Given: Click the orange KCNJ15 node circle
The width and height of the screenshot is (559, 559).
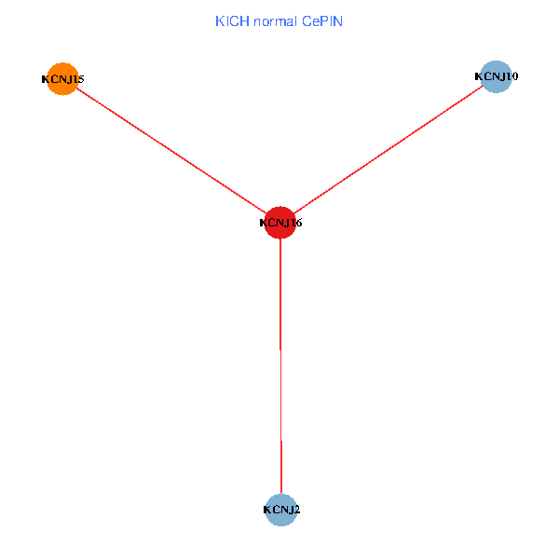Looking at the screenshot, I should coord(61,79).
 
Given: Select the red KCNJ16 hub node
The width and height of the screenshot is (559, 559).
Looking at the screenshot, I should coord(280,223).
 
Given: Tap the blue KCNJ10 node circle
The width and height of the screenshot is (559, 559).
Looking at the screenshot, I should coord(496,76).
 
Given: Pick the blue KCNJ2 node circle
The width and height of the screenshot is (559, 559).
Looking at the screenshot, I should coord(280,510).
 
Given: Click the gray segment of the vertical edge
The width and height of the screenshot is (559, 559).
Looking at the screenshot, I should coord(280,391).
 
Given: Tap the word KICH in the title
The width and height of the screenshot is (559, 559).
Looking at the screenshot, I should coord(230,20).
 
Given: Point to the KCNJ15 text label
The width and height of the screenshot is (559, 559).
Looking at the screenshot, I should coord(62,79).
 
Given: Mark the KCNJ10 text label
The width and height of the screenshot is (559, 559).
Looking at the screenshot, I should coord(497,76).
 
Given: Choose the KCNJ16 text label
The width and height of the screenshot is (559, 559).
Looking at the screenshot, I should coord(280,224).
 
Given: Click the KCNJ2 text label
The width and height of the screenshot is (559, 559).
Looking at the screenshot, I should coord(281,510).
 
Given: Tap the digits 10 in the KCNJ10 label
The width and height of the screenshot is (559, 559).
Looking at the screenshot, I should coord(511,76).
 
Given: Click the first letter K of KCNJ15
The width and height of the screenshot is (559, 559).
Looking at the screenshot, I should coord(46,79).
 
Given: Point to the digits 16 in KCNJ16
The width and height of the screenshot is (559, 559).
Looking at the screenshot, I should coord(295,224).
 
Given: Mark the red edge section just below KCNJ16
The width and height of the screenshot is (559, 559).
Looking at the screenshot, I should coord(280,279).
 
